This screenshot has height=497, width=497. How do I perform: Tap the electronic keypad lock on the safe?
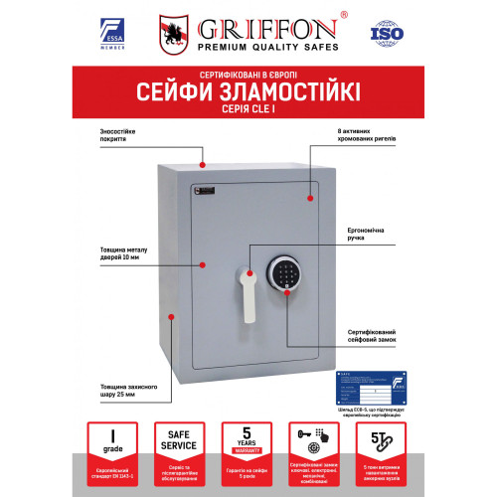pos(284,276)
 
